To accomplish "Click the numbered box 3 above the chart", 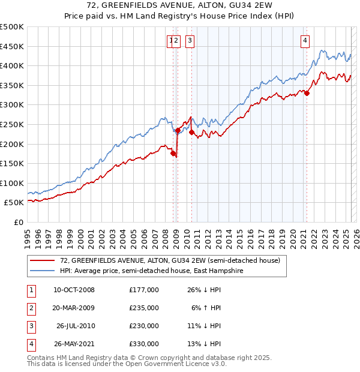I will pos(190,41).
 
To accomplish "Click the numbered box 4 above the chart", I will pos(305,41).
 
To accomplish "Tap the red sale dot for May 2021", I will pos(307,93).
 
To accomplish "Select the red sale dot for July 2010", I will pos(191,132).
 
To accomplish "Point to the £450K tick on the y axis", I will pos(12,46).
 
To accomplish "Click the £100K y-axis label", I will pos(12,183).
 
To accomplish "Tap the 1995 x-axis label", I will pos(28,235).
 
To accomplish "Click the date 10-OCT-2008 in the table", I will pos(74,290).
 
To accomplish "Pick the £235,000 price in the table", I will pos(143,308).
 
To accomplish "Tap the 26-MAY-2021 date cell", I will pos(74,344).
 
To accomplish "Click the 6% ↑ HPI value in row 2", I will pos(206,308).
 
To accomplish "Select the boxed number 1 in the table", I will pos(30,290).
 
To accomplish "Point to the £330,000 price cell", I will pos(143,344).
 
